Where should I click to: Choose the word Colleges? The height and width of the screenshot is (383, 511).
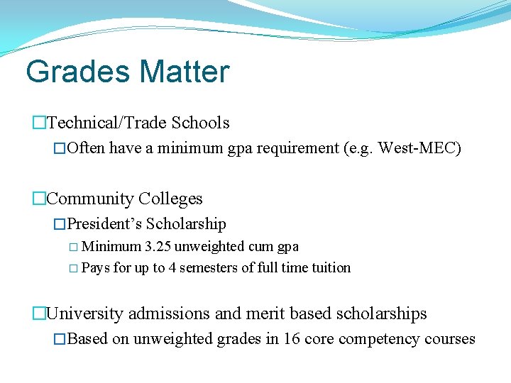click(171, 199)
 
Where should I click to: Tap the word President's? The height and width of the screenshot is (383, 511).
click(104, 224)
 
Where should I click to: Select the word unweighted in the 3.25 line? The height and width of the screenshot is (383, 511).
click(211, 247)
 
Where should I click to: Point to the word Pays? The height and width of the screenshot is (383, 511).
click(96, 268)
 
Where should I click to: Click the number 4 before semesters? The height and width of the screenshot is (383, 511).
click(172, 268)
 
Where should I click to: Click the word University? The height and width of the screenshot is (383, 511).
click(82, 313)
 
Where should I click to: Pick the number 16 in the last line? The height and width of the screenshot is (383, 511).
click(291, 339)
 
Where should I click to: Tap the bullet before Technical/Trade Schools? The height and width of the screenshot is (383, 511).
click(39, 123)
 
